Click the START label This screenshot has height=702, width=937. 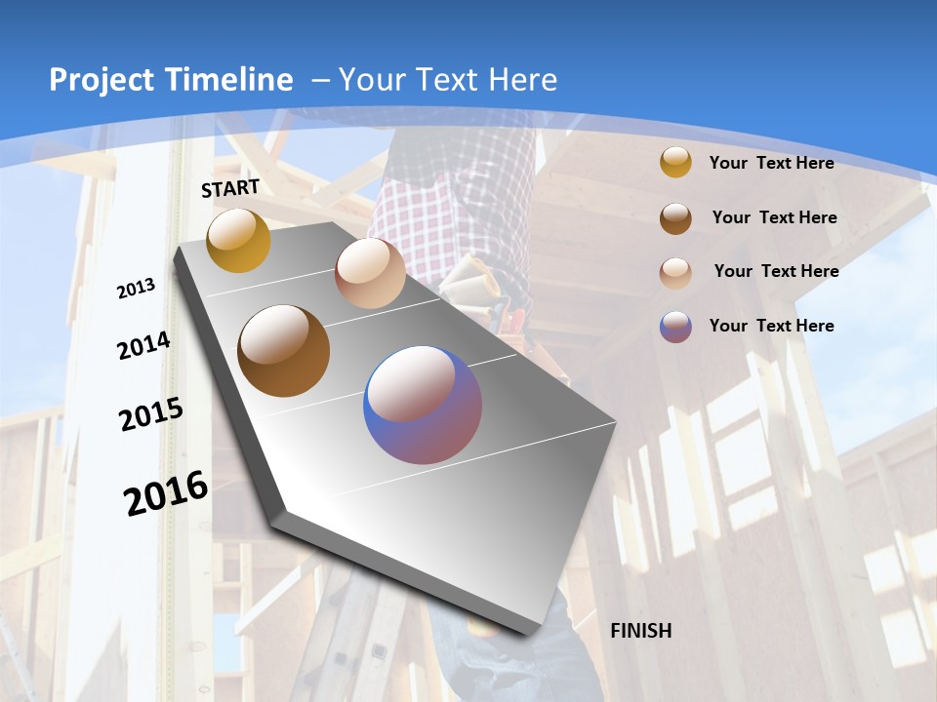[x=230, y=188]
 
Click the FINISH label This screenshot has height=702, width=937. [x=640, y=631]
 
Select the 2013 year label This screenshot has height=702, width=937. [x=136, y=289]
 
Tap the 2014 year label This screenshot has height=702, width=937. [x=143, y=346]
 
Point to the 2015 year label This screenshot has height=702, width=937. [x=150, y=414]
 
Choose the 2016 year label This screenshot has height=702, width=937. [x=166, y=493]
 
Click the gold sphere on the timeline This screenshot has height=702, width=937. [x=238, y=241]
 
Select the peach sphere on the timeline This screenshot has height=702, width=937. [x=370, y=273]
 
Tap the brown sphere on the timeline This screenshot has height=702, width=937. [x=284, y=351]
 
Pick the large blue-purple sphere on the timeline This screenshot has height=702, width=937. [x=423, y=405]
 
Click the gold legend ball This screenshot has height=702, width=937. [x=675, y=162]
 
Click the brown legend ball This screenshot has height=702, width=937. [x=675, y=217]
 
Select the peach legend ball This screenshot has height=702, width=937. [x=675, y=272]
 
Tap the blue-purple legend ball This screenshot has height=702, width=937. [x=675, y=327]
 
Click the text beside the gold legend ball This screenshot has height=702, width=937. [x=771, y=163]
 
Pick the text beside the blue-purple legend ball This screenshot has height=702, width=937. [x=771, y=326]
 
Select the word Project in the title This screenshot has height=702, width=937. [x=102, y=80]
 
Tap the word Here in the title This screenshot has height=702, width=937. [x=522, y=80]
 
